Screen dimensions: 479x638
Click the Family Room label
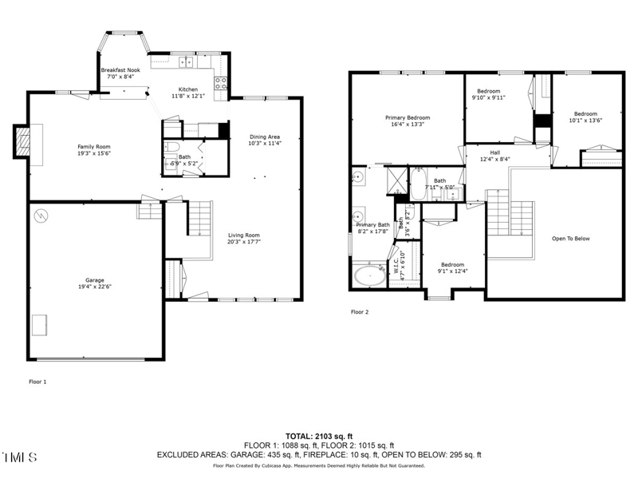tap(93, 147)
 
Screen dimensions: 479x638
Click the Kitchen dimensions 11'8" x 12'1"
tap(188, 96)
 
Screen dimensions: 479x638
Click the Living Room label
tap(244, 235)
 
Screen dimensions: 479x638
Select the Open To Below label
tap(571, 238)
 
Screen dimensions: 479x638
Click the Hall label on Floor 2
tap(494, 152)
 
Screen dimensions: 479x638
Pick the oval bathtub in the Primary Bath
tap(368, 276)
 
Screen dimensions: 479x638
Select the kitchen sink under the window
tap(188, 61)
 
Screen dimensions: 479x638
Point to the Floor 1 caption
tap(37, 382)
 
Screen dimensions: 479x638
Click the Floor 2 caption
tap(360, 312)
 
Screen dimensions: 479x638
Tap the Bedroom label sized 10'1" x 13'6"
tap(585, 113)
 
